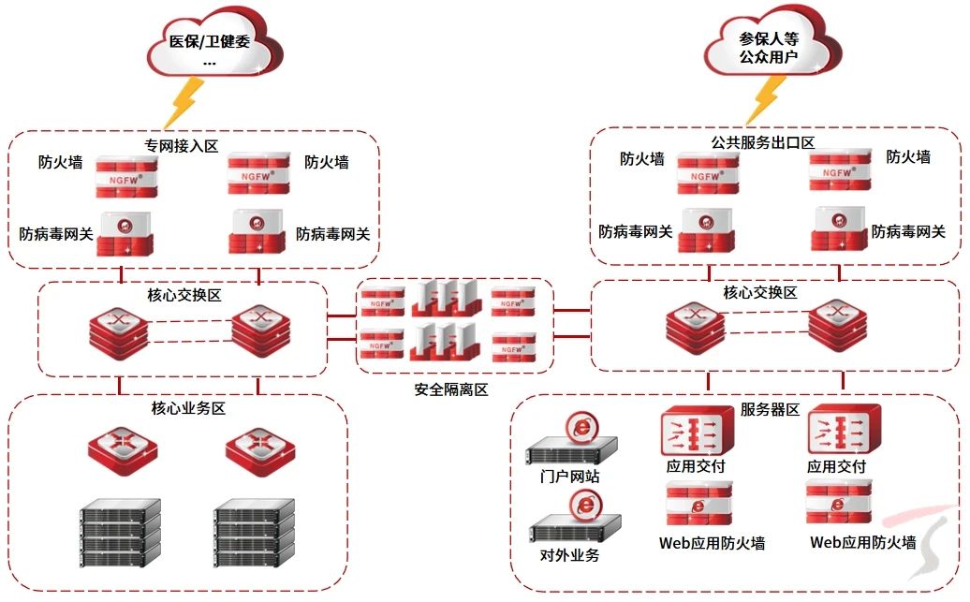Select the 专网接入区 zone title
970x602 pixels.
tap(181, 145)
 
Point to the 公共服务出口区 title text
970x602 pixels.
tap(762, 142)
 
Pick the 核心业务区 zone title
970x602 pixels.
tap(188, 408)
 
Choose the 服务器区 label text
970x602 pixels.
tap(770, 409)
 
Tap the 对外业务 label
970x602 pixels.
tap(569, 554)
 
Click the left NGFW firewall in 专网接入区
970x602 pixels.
tap(126, 176)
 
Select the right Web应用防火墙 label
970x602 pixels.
tap(862, 542)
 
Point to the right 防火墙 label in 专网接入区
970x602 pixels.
tap(327, 162)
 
